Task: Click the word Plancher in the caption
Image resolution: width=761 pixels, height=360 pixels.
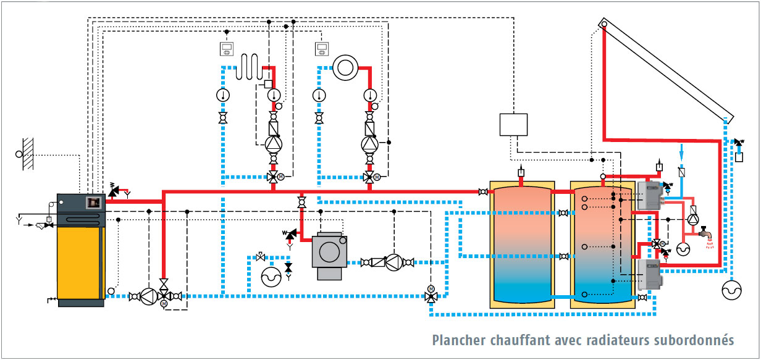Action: (458, 340)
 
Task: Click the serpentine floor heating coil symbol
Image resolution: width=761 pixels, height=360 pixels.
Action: (250, 67)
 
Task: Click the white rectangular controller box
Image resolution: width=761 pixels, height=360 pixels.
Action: (513, 124)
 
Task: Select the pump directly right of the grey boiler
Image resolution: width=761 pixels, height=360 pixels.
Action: (393, 262)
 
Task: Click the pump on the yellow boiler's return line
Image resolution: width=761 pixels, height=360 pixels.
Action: (148, 297)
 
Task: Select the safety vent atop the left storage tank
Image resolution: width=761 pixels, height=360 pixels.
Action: (522, 171)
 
